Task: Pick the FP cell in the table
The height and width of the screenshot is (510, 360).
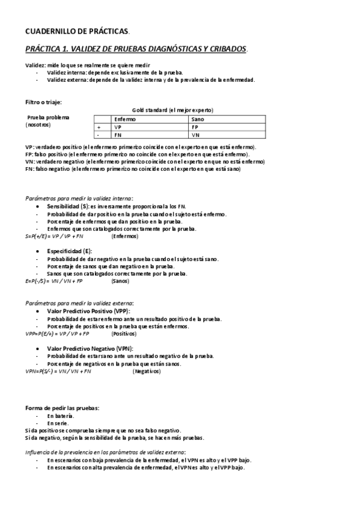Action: (195, 127)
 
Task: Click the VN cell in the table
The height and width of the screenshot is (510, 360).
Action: (195, 135)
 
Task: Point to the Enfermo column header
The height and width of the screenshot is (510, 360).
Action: (126, 120)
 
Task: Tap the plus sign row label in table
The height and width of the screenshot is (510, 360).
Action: (98, 127)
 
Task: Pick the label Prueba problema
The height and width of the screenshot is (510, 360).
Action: (48, 118)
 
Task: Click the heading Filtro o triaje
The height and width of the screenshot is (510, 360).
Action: (43, 102)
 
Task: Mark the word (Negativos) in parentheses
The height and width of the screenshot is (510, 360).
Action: (147, 372)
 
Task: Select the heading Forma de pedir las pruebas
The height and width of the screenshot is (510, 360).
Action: (62, 408)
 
